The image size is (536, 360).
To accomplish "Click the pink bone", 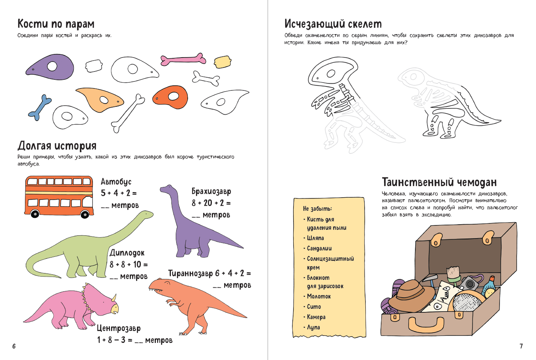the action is pyautogui.click(x=183, y=60).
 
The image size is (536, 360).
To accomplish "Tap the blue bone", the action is pyautogui.click(x=40, y=107).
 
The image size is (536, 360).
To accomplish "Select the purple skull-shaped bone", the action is pyautogui.click(x=50, y=67).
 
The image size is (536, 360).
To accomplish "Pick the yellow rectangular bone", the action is pyautogui.click(x=223, y=62).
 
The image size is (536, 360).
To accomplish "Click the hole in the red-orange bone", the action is pyautogui.click(x=173, y=96).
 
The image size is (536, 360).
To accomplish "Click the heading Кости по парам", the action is pyautogui.click(x=56, y=24).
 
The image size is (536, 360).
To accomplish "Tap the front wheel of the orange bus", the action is pyautogui.click(x=85, y=214).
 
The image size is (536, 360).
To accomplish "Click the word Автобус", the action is pyautogui.click(x=116, y=181).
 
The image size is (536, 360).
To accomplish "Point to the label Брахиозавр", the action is pyautogui.click(x=211, y=191).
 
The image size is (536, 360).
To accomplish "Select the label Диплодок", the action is pyautogui.click(x=127, y=253).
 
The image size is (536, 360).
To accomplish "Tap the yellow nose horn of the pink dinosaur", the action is pyautogui.click(x=114, y=298).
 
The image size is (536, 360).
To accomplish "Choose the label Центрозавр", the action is pyautogui.click(x=119, y=328).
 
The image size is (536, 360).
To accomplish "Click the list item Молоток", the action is pyautogui.click(x=319, y=296).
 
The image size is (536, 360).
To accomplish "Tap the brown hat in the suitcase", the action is pyautogui.click(x=411, y=296).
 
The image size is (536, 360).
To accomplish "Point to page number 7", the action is pyautogui.click(x=521, y=346).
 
